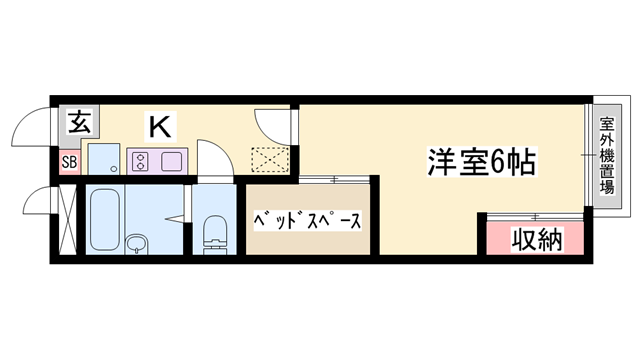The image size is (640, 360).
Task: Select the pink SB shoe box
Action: (x=69, y=162)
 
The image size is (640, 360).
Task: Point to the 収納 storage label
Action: (x=537, y=240)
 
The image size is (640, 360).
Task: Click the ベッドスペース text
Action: (x=308, y=219)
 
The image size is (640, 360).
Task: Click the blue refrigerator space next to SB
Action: (x=102, y=159)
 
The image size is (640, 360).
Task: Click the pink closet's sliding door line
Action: (x=534, y=216)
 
